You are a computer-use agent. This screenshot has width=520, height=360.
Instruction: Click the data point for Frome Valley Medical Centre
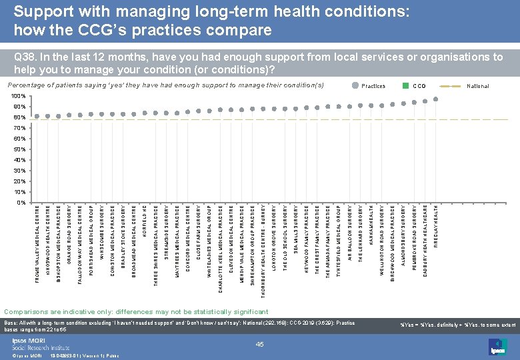click(37, 117)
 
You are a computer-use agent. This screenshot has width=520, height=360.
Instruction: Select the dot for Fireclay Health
click(436, 99)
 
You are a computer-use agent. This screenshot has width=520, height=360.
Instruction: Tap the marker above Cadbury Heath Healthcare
click(425, 101)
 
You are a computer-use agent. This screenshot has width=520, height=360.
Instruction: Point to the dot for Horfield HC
click(145, 113)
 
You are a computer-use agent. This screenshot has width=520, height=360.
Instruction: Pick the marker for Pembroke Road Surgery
click(415, 102)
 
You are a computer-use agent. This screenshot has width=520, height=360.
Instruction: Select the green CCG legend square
click(405, 86)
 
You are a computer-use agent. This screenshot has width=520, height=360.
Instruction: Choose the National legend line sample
click(454, 86)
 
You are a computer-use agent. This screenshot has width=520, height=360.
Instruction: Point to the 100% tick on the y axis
click(19, 97)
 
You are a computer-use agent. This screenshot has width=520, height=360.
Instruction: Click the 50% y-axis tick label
click(20, 149)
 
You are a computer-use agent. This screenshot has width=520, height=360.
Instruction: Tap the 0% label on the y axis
click(21, 202)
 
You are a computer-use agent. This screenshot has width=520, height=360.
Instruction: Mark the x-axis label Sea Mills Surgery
click(295, 229)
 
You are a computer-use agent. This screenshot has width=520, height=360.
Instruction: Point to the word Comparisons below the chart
click(26, 311)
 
